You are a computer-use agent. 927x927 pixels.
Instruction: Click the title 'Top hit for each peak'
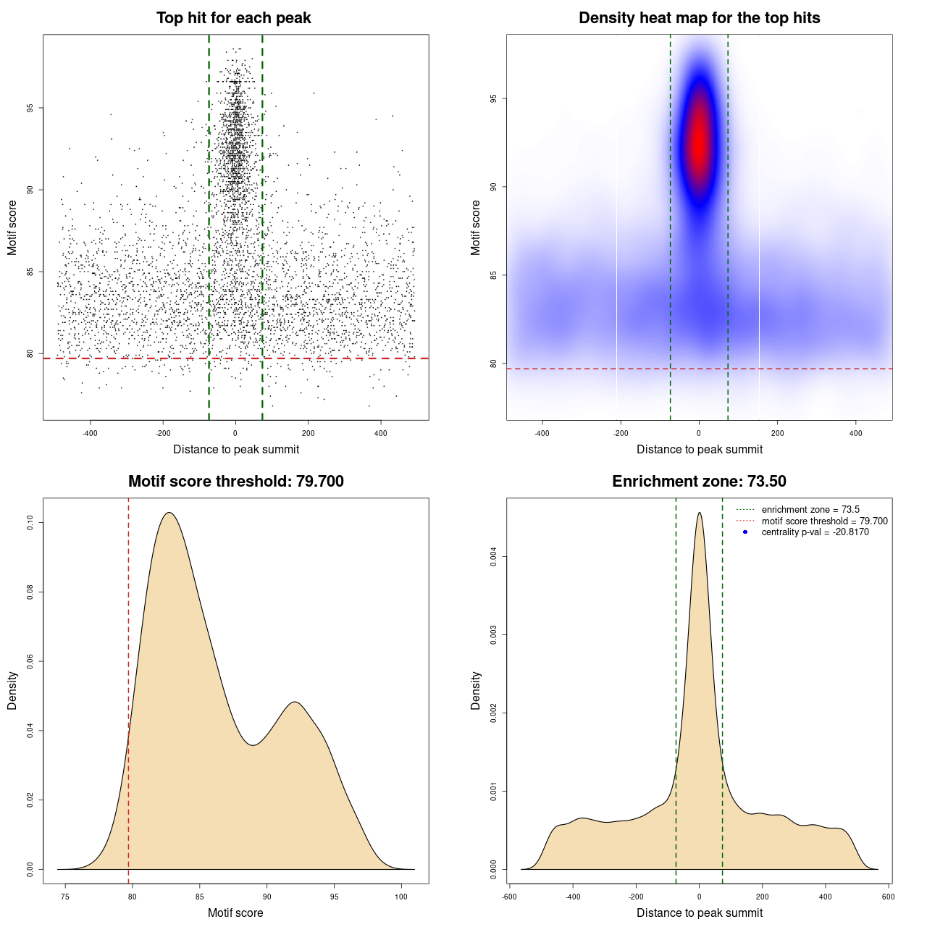tap(233, 18)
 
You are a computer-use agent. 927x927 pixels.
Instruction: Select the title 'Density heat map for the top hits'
tap(699, 18)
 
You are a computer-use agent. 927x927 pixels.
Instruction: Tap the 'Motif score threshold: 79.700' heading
tap(235, 482)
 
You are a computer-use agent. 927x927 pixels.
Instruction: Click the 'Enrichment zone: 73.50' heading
tap(699, 482)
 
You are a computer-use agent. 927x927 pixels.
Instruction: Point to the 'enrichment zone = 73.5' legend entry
tap(810, 510)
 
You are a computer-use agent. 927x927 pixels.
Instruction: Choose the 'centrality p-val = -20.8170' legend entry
tap(815, 532)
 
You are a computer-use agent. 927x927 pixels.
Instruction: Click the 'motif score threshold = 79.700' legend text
tap(824, 521)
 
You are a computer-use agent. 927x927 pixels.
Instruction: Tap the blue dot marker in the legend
tap(745, 532)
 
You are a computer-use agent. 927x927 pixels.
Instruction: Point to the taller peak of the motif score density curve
tap(169, 513)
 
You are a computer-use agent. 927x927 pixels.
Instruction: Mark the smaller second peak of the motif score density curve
tap(294, 702)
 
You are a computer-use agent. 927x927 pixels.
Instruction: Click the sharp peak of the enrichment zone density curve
tap(699, 513)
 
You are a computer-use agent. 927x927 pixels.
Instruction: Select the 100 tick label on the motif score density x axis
tap(401, 897)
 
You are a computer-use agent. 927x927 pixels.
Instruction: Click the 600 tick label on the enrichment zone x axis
tap(888, 897)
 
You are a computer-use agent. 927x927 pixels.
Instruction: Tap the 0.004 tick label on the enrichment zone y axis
tap(493, 557)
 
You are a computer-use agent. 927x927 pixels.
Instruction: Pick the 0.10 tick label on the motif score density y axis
tap(30, 523)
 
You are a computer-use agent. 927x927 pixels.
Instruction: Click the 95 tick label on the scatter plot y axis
tap(30, 108)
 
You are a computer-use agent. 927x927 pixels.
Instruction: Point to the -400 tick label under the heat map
tap(542, 433)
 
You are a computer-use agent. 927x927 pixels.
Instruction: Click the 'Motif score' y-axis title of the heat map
tap(475, 227)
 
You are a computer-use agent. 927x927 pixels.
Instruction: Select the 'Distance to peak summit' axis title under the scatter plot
tap(236, 450)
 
